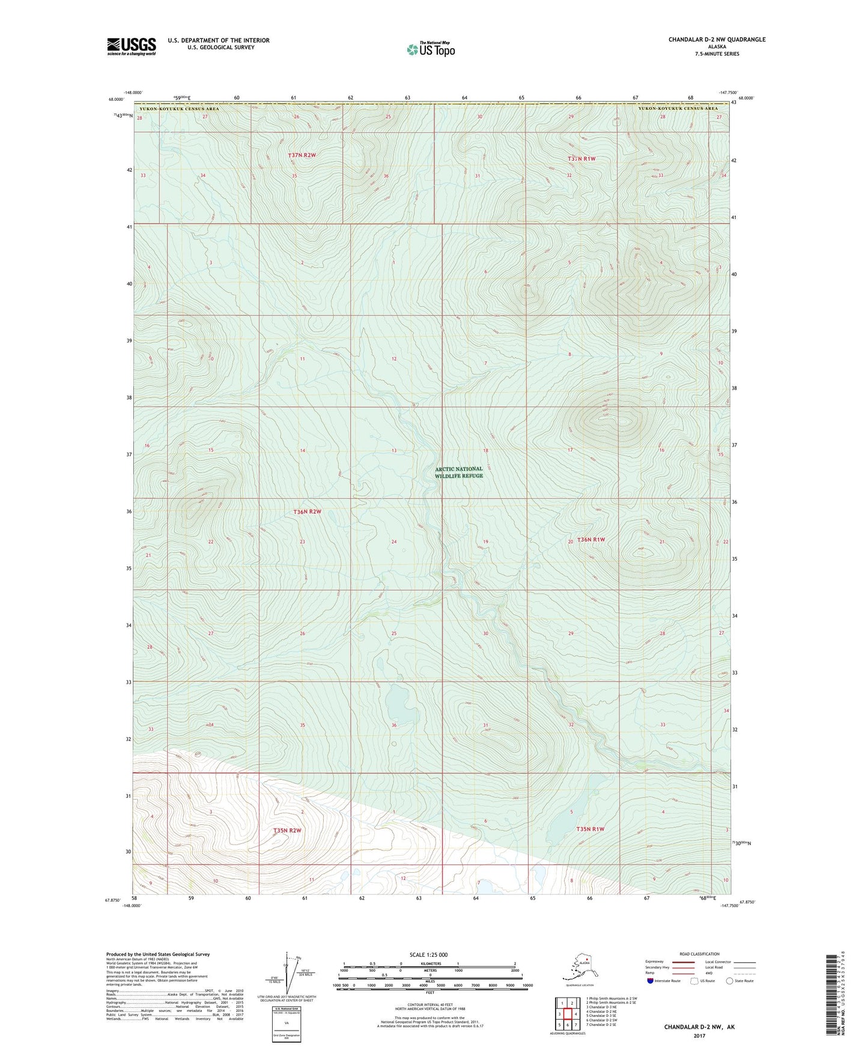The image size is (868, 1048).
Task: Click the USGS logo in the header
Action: pos(131,46)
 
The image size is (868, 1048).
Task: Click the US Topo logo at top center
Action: pos(431,49)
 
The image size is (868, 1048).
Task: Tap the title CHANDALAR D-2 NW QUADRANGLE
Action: pos(717,40)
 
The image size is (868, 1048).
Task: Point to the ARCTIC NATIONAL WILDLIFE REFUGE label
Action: pos(458,472)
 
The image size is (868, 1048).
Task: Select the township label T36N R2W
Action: pos(307,512)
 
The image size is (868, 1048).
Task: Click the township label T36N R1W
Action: pos(590,540)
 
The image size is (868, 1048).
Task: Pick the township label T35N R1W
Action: pos(590,829)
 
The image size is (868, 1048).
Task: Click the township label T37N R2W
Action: pos(302,155)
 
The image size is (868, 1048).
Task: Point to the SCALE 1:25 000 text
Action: pos(429,955)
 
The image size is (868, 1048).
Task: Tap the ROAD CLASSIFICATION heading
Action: pos(699,954)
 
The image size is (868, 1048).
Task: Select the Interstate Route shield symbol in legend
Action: pos(651,981)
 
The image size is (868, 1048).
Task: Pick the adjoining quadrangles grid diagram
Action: pos(567,1014)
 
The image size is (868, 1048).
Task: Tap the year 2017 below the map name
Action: pos(699,1035)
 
